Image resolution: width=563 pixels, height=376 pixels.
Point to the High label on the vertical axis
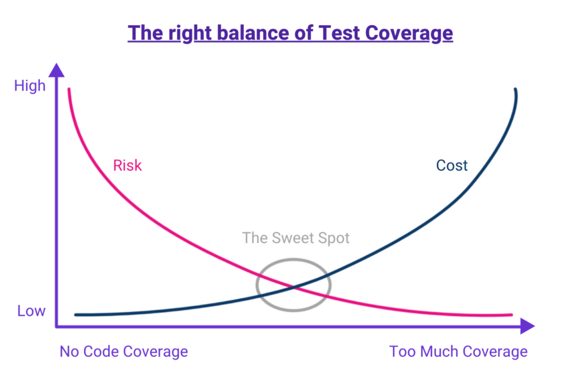(x=30, y=86)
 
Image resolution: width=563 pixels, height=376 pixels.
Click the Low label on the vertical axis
(x=31, y=311)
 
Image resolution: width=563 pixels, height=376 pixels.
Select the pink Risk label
(x=128, y=165)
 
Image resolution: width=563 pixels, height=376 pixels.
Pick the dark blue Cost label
(x=452, y=165)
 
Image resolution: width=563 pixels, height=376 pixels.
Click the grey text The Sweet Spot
(x=296, y=238)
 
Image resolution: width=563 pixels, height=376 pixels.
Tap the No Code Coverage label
(x=124, y=351)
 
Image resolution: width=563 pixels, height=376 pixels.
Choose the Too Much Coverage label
(x=459, y=351)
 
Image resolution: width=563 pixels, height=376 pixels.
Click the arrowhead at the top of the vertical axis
(x=57, y=70)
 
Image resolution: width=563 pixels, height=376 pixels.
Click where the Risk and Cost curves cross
(x=294, y=287)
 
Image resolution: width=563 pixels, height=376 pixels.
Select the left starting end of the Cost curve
(x=76, y=315)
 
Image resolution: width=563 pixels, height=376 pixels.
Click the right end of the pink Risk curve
(x=511, y=315)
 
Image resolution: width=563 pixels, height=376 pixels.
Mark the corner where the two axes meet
(x=57, y=327)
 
